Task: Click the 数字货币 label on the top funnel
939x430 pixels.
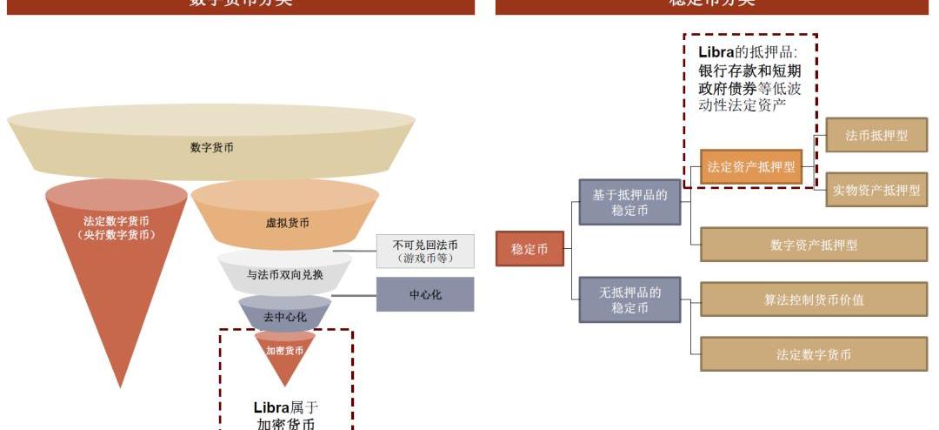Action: [211, 148]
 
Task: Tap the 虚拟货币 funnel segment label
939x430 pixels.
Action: [287, 223]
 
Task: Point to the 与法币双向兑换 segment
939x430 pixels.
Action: [284, 274]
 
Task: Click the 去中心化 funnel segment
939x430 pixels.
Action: [284, 316]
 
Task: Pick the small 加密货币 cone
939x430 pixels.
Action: [284, 352]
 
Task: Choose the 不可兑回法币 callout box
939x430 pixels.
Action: [425, 251]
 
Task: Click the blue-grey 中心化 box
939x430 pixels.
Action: [425, 294]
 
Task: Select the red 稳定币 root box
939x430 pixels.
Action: [529, 248]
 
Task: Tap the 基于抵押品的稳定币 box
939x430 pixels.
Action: [629, 202]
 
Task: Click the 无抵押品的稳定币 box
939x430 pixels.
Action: [629, 299]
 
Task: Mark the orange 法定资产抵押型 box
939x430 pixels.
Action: [751, 167]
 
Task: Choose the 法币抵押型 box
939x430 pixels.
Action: [876, 135]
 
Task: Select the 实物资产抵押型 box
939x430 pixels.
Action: [876, 190]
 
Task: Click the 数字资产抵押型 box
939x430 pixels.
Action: [814, 245]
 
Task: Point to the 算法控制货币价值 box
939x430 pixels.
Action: [814, 299]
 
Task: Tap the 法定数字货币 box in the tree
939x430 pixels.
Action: [814, 354]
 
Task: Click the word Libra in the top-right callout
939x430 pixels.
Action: [716, 52]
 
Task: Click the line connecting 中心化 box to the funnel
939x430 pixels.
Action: [353, 295]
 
